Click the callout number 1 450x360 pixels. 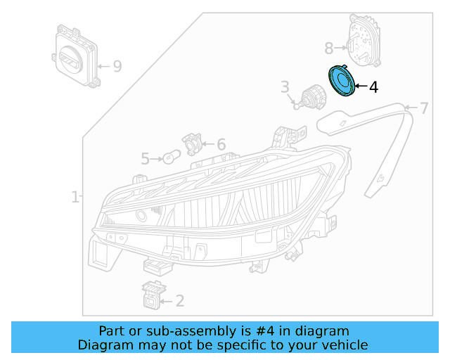75,198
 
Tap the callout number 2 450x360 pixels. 180,301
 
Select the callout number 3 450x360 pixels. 285,87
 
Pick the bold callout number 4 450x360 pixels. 373,87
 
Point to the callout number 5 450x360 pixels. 145,159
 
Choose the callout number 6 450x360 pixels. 221,145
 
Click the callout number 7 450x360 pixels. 424,108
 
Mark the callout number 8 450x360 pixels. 328,49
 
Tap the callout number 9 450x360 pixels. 117,66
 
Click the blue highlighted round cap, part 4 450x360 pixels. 342,82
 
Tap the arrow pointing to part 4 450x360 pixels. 360,87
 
